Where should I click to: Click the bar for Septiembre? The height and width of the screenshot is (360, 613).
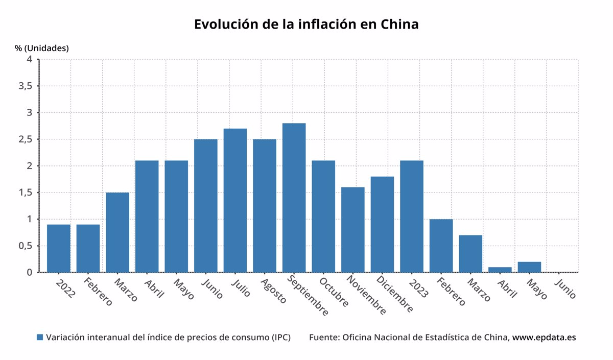point(294,198)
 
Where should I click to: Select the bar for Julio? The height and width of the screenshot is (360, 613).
point(235,200)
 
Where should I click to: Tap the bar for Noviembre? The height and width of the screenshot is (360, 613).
point(352,230)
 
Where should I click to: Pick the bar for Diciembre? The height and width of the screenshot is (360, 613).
point(382,224)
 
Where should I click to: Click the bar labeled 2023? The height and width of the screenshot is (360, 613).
point(412,216)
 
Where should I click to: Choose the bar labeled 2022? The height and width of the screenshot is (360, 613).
point(59,248)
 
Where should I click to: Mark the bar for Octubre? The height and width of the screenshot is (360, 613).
point(323,216)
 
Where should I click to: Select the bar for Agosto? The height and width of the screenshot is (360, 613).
point(265,205)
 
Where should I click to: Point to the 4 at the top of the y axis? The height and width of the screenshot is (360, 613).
point(30,59)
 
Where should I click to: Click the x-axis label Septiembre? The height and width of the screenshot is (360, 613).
point(308,296)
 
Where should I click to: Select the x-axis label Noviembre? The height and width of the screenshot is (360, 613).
point(366,295)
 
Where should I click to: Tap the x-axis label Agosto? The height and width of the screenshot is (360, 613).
point(274,291)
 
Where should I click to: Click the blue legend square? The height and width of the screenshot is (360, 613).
point(40,338)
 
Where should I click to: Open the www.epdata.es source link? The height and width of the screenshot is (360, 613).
point(544,338)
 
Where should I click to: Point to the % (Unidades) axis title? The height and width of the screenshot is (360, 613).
point(41,48)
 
